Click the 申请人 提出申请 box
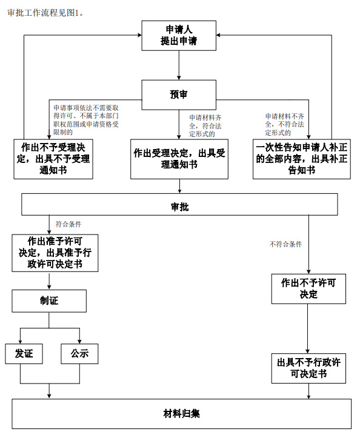pyautogui.click(x=179, y=36)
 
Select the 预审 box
pyautogui.click(x=179, y=93)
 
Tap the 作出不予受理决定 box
pyautogui.click(x=54, y=159)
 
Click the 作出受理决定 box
pyautogui.click(x=179, y=159)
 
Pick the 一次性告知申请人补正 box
pyautogui.click(x=301, y=159)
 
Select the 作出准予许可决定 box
pyautogui.click(x=55, y=253)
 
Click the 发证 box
pyautogui.click(x=24, y=354)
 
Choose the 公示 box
pyautogui.click(x=79, y=354)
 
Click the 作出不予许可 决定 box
pyautogui.click(x=308, y=288)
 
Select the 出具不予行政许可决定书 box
pyautogui.click(x=308, y=368)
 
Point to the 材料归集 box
pyautogui.click(x=182, y=414)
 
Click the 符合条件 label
pyautogui.click(x=68, y=224)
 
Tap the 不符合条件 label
pyautogui.click(x=285, y=244)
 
